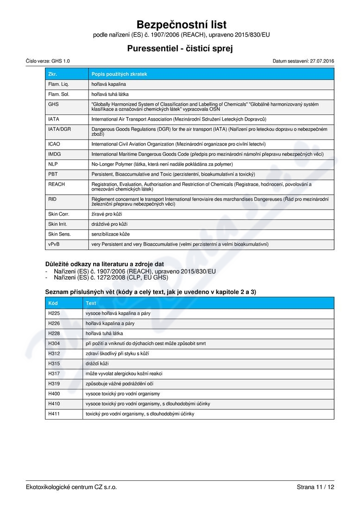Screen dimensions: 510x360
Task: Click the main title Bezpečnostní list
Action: pos(182,25)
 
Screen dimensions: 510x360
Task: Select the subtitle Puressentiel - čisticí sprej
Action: pos(180,48)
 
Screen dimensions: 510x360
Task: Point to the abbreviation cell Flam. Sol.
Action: pos(58,94)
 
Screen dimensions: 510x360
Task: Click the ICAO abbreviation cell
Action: pos(54,144)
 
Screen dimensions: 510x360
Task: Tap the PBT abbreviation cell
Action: pos(53,174)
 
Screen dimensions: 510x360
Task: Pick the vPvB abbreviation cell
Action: pos(54,244)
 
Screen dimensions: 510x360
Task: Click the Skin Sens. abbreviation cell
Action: pos(59,234)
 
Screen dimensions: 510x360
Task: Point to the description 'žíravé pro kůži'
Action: pos(107,214)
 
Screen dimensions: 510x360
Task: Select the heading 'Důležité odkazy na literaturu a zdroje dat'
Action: pos(105,264)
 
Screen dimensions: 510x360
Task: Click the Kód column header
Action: pos(53,303)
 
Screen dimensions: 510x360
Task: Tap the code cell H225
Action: pos(54,313)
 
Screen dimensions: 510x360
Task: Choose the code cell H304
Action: pos(54,344)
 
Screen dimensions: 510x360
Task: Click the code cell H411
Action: pos(54,414)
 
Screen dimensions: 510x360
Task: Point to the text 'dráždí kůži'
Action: pos(97,363)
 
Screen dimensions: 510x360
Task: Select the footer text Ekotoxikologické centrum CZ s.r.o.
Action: pos(71,487)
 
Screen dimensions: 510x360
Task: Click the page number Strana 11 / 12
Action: pos(315,487)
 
